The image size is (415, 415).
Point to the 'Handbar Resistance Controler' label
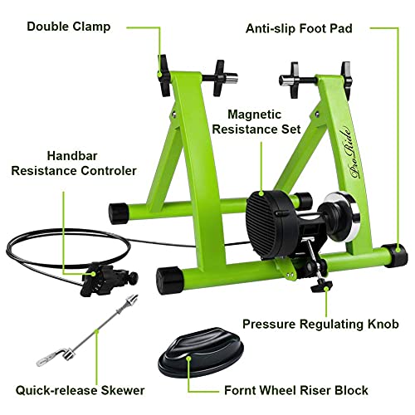[73, 163]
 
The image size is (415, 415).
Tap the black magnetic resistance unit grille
[266, 211]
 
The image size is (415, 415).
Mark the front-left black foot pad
[171, 276]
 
